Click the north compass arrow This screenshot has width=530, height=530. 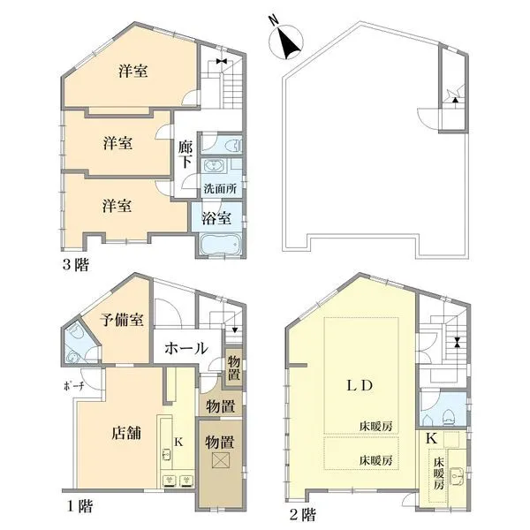click(289, 40)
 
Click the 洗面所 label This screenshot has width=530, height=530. click(220, 189)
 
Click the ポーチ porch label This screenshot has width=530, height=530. click(73, 386)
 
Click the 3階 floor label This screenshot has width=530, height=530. click(75, 263)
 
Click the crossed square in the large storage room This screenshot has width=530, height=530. click(221, 462)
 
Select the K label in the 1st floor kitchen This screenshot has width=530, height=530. click(177, 441)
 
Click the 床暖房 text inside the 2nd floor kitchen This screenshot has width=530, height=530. click(438, 478)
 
